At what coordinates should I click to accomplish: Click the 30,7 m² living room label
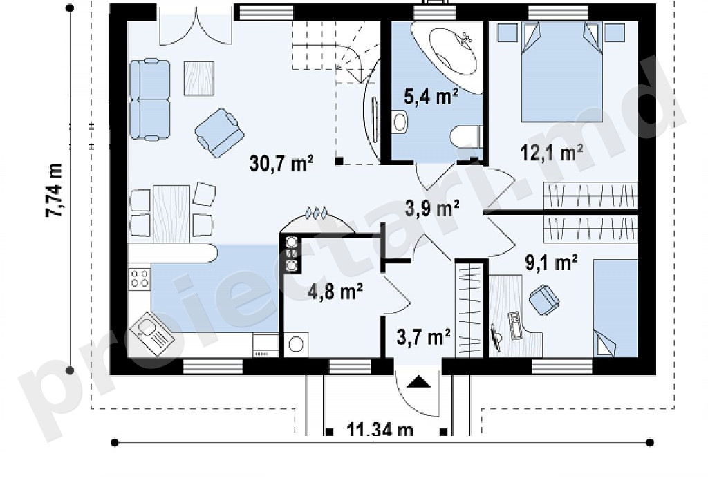[281, 163]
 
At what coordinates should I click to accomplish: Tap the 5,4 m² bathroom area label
[431, 97]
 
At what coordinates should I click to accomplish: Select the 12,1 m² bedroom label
[551, 153]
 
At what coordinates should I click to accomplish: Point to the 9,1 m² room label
[551, 262]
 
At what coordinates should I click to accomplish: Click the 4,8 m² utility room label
[335, 292]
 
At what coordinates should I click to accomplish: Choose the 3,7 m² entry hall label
[424, 336]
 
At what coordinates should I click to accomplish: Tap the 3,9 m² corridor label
[432, 208]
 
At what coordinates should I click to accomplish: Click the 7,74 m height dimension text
[54, 190]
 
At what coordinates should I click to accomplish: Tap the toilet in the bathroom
[465, 135]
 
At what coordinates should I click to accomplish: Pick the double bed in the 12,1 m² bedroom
[561, 72]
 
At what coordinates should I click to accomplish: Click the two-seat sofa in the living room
[150, 99]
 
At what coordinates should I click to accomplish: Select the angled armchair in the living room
[219, 133]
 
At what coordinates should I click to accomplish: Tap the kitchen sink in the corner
[152, 334]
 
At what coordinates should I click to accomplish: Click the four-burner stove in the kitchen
[140, 278]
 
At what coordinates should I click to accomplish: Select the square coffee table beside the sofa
[198, 79]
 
